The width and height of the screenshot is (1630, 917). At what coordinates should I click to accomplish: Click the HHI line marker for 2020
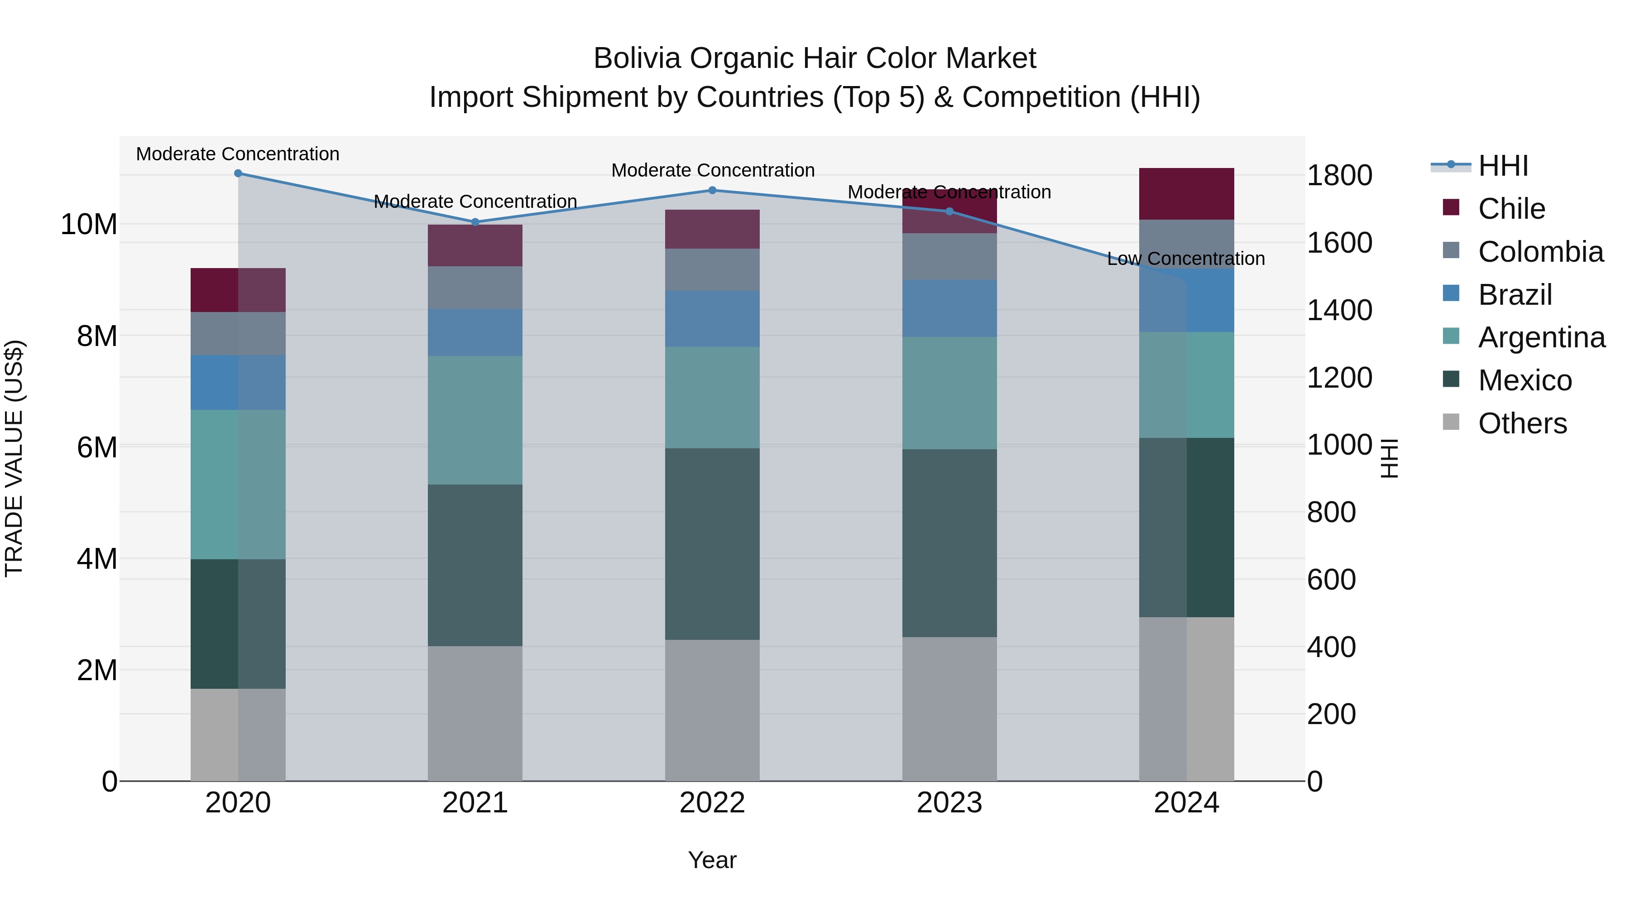(238, 173)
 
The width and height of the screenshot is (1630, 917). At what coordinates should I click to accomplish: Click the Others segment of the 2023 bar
(949, 709)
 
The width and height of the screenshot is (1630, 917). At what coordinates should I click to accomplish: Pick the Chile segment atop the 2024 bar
(1186, 194)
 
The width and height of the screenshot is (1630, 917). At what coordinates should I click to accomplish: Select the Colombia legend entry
(1540, 252)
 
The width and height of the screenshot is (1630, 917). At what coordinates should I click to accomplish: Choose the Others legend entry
(1522, 423)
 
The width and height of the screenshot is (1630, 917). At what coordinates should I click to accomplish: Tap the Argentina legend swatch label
(1541, 337)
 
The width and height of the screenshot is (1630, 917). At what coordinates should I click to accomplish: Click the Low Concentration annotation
(1186, 259)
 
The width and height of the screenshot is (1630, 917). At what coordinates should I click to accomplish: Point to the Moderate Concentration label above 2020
(238, 154)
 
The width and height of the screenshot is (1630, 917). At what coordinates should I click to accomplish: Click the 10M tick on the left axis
(89, 225)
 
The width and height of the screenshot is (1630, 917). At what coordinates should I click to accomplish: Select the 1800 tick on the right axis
(1339, 176)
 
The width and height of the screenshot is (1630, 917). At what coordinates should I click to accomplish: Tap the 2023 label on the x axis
(949, 803)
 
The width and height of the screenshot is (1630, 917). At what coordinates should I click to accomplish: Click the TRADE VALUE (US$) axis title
(14, 458)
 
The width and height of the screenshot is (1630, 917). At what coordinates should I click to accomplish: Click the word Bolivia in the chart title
(638, 59)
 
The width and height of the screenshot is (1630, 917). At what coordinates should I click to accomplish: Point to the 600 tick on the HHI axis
(1331, 580)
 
